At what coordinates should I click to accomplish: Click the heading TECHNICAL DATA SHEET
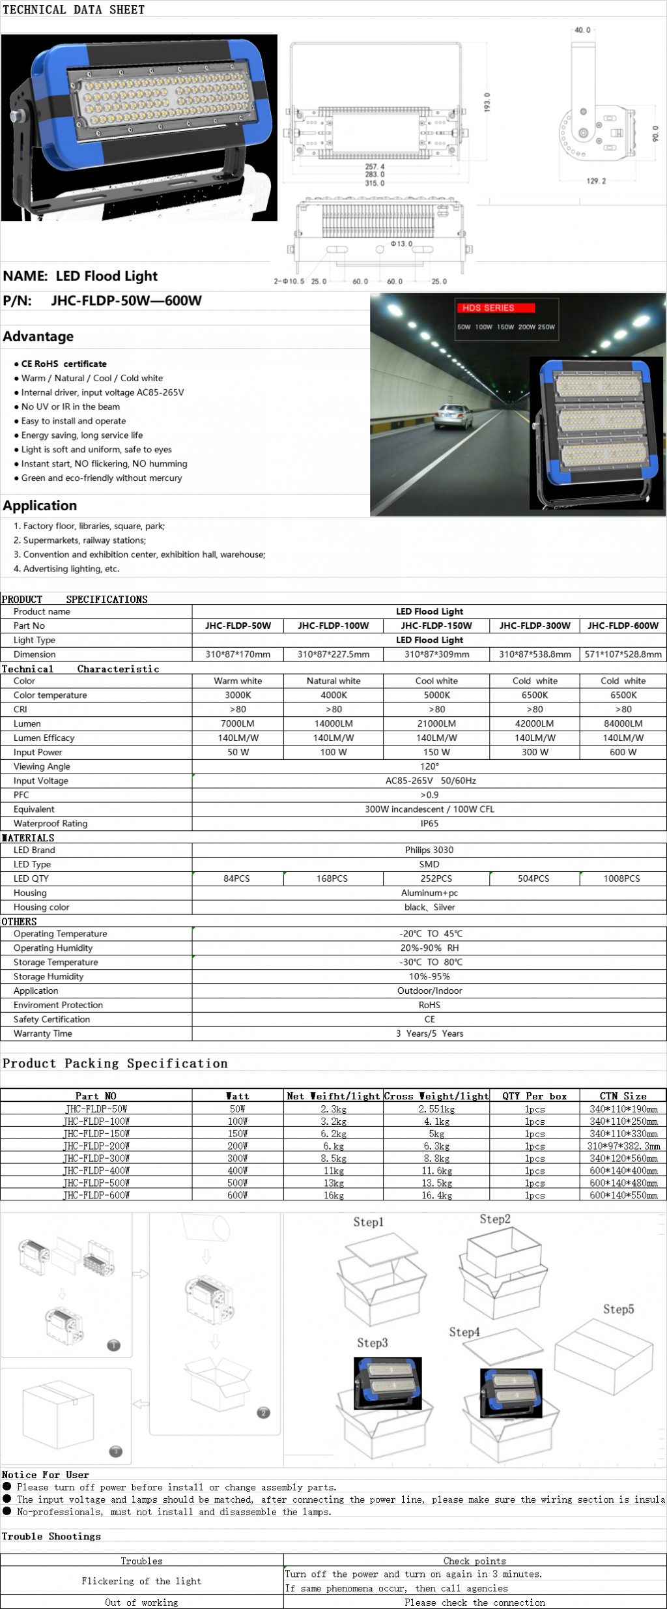(74, 10)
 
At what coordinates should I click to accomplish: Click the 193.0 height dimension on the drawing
(487, 102)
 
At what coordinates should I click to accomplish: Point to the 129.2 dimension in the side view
(595, 181)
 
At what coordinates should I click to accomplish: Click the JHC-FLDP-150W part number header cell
(436, 626)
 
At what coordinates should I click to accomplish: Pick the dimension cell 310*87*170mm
(238, 654)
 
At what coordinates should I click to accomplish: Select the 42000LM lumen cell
(534, 723)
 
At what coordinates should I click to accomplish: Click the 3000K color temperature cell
(238, 695)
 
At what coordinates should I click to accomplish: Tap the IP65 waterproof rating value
(429, 823)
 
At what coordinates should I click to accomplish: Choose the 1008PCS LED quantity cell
(621, 878)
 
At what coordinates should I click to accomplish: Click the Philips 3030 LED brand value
(429, 850)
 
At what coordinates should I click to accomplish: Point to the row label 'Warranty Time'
(43, 1034)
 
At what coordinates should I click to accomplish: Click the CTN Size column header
(623, 1096)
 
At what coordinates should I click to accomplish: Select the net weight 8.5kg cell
(333, 1158)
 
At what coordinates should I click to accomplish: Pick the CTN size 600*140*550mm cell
(623, 1195)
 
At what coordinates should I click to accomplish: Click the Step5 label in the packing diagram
(618, 1309)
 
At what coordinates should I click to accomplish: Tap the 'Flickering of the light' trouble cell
(141, 1581)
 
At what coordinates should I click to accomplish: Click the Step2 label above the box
(495, 1219)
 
